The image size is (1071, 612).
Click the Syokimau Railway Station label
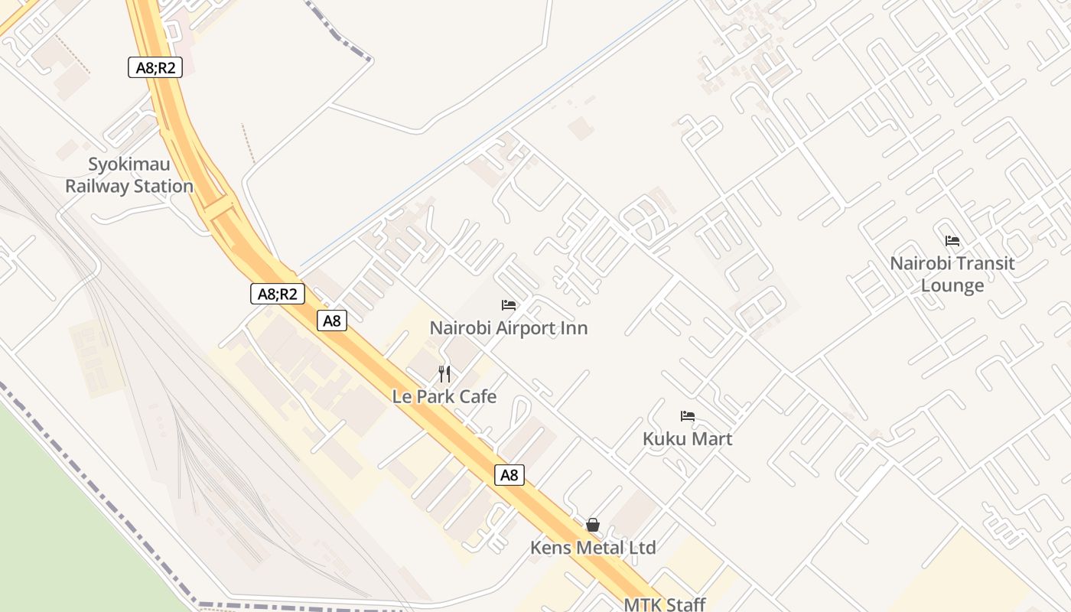pyautogui.click(x=129, y=175)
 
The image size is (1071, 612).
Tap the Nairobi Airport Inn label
pyautogui.click(x=509, y=328)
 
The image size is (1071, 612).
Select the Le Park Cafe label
pyautogui.click(x=444, y=396)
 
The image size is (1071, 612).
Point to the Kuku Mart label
pyautogui.click(x=688, y=439)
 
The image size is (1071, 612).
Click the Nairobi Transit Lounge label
pyautogui.click(x=952, y=274)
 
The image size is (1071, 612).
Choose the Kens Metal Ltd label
pyautogui.click(x=594, y=548)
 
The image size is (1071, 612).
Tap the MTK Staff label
pyautogui.click(x=665, y=604)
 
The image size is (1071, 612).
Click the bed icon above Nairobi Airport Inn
pyautogui.click(x=509, y=305)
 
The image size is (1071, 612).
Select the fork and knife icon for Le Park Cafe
pyautogui.click(x=444, y=374)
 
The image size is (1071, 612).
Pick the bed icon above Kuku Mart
pyautogui.click(x=688, y=416)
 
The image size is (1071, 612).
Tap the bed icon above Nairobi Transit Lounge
pyautogui.click(x=952, y=240)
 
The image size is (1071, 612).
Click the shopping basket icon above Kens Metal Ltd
pyautogui.click(x=593, y=525)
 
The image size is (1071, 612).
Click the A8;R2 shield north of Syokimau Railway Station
pyautogui.click(x=155, y=67)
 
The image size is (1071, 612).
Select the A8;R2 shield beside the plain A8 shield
pyautogui.click(x=278, y=294)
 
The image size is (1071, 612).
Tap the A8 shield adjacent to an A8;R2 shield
pyautogui.click(x=332, y=321)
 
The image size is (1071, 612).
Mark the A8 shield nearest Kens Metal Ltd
pyautogui.click(x=509, y=475)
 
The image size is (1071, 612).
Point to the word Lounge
pyautogui.click(x=952, y=285)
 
